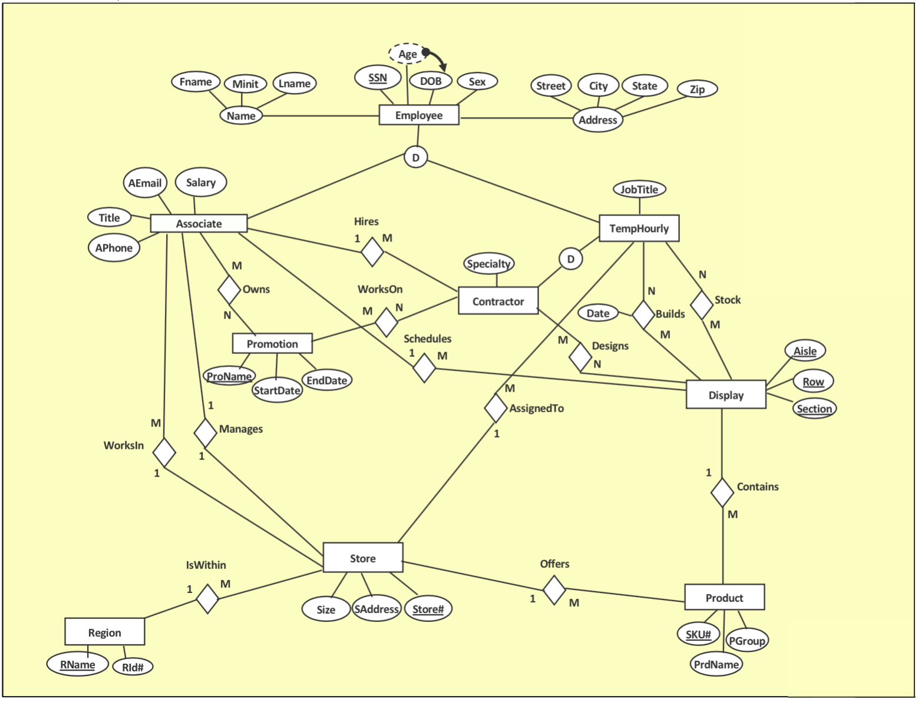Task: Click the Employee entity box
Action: (x=418, y=115)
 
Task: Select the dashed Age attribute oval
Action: (x=407, y=54)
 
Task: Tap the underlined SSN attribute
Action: (x=378, y=78)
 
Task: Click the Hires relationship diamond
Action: (x=372, y=252)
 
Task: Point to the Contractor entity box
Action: (x=498, y=301)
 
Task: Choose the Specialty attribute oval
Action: (x=488, y=263)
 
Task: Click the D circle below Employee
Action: (x=415, y=157)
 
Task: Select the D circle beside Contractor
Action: (x=570, y=259)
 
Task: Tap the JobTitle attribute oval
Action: (x=639, y=190)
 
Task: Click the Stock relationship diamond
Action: (x=701, y=304)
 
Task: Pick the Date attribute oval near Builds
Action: (x=597, y=313)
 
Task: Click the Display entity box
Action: (x=725, y=395)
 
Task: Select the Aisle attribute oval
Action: (x=805, y=351)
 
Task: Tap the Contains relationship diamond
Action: (x=722, y=492)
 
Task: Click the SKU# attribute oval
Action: (x=698, y=634)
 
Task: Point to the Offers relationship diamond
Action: (x=554, y=590)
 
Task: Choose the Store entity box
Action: (x=362, y=558)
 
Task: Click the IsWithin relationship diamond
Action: (x=207, y=599)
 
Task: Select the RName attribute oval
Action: (x=78, y=664)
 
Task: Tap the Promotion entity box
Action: (x=272, y=343)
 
